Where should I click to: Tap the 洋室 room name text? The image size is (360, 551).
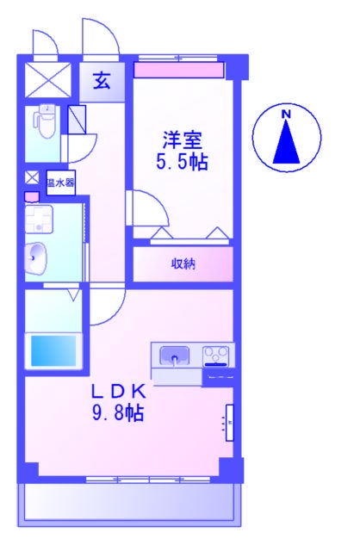(182, 139)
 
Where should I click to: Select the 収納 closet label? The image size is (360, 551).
(182, 263)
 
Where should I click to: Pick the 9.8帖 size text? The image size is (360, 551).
(118, 412)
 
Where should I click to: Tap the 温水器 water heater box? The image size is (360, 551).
(59, 183)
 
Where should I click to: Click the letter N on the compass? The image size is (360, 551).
(286, 114)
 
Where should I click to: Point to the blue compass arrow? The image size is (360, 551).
(286, 143)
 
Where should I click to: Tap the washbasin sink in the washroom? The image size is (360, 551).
(37, 256)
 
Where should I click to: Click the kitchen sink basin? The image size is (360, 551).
(176, 355)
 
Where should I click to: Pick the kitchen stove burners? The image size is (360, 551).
(217, 354)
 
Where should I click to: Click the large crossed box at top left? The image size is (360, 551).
(48, 78)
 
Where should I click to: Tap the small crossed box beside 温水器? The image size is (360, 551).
(32, 178)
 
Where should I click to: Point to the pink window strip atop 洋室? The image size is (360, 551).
(178, 69)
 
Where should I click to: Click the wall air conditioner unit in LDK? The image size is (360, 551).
(229, 423)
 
